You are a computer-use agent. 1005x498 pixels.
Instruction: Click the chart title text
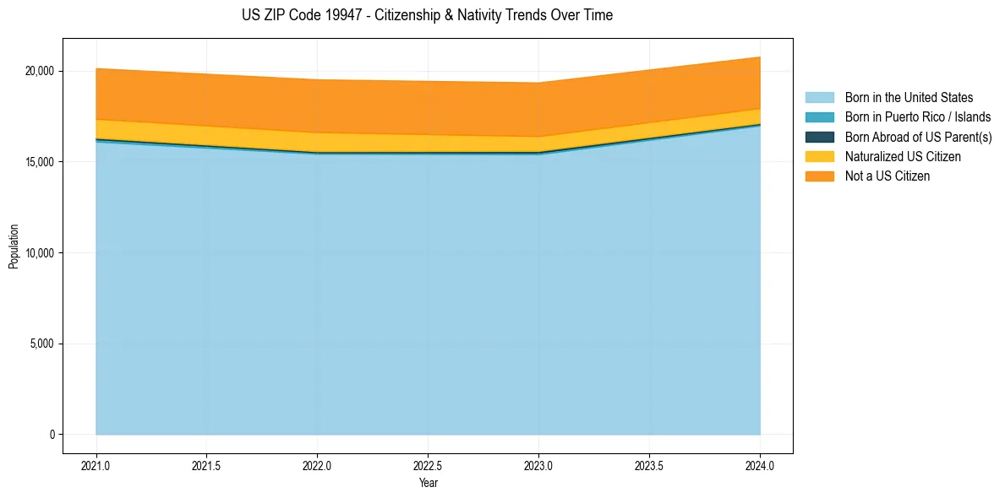[427, 15]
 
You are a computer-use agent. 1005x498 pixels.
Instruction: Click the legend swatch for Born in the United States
[819, 98]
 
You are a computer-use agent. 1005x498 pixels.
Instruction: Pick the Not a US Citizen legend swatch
[819, 176]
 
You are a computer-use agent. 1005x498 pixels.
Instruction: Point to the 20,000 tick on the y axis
[39, 71]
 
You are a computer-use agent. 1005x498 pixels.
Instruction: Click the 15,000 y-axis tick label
[39, 162]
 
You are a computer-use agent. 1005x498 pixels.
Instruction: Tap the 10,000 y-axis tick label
[39, 253]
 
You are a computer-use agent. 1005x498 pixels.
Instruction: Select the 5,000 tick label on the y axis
[42, 344]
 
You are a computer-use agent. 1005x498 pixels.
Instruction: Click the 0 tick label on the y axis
[52, 435]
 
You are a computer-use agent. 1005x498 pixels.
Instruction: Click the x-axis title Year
[429, 483]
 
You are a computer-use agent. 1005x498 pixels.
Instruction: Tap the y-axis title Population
[14, 246]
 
